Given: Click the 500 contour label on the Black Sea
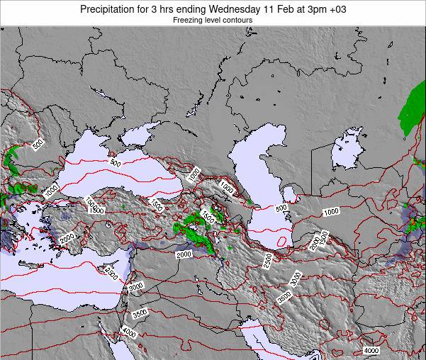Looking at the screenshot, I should [115, 163].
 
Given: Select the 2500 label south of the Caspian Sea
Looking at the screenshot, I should [267, 261].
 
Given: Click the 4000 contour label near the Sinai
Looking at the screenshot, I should [128, 332].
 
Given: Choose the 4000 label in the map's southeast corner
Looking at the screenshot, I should [371, 351].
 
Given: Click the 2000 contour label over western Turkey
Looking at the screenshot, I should [67, 240].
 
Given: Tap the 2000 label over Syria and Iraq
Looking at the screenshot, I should [184, 254].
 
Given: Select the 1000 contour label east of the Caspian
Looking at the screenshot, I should [330, 212].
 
